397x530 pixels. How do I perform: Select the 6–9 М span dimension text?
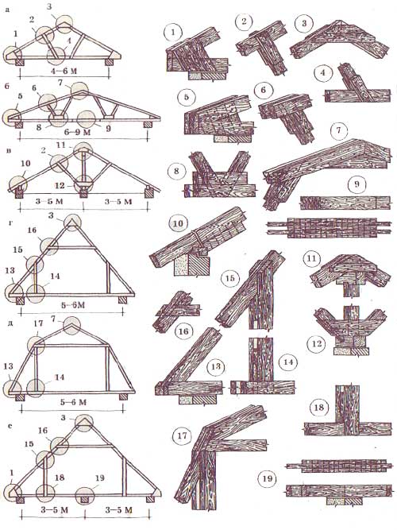[78, 131]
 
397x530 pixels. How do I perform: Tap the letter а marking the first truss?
[7, 10]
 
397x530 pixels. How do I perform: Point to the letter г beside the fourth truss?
[8, 222]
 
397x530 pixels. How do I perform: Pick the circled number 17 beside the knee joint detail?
[182, 435]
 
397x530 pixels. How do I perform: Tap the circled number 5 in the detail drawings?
[186, 98]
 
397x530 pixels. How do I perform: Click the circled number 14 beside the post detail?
[288, 362]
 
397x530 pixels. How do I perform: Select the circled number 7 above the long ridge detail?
[340, 130]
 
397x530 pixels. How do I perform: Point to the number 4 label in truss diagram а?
[68, 41]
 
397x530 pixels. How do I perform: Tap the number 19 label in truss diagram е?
[100, 478]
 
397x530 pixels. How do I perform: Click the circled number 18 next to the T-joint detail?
[318, 408]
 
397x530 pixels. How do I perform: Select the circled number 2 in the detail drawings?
[244, 22]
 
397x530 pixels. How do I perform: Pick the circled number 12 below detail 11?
[316, 344]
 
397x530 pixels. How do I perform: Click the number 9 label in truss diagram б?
[108, 129]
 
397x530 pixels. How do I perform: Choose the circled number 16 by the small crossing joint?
[183, 331]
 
